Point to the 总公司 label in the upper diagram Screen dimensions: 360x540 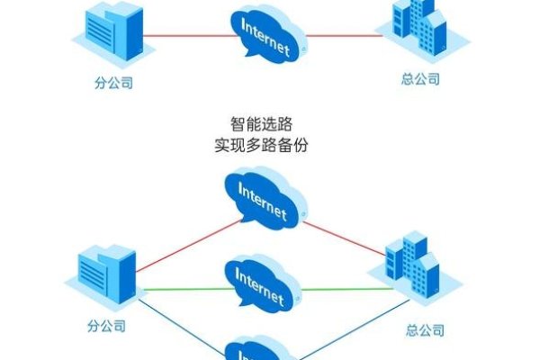pos(420,79)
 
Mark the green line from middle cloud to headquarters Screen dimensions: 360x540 pos(346,289)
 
